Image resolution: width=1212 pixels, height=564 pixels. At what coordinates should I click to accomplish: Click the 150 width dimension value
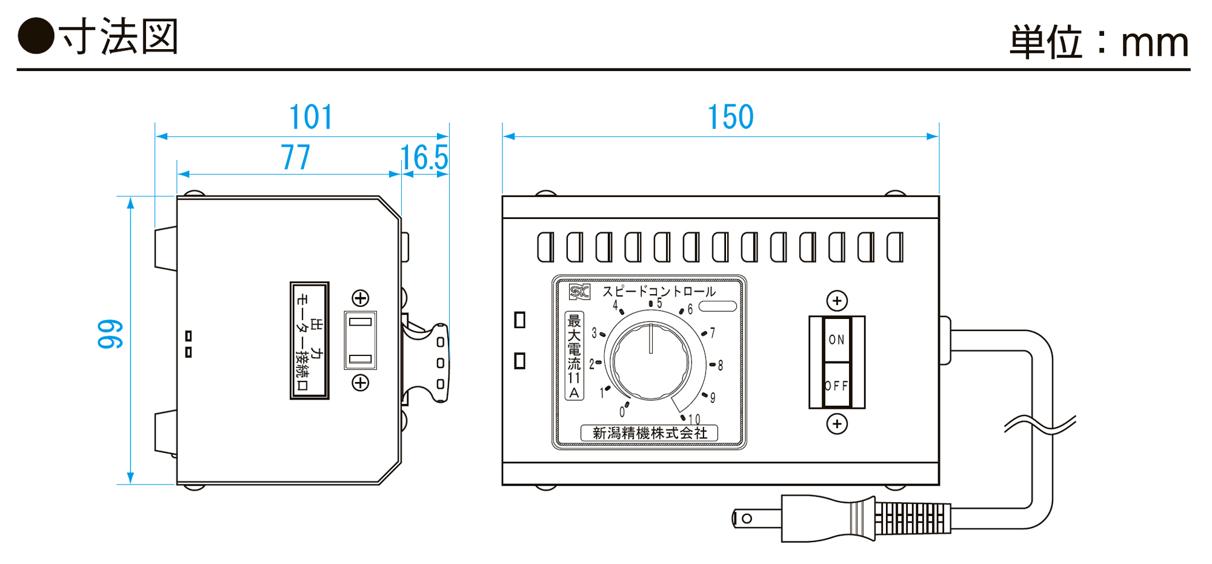pos(731,117)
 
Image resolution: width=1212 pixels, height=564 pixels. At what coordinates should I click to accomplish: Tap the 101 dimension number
pos(311,117)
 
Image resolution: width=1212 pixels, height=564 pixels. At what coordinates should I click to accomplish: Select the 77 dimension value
pos(296,158)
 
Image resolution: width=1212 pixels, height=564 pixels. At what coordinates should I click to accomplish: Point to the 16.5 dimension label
pos(424,158)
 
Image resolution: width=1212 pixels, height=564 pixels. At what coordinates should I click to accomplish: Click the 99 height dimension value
pos(110,334)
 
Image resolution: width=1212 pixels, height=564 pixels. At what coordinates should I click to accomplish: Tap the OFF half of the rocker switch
pos(837,386)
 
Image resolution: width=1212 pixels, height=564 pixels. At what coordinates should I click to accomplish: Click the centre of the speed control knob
pos(651,361)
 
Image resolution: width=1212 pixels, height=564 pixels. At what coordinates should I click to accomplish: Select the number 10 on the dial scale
pos(694,419)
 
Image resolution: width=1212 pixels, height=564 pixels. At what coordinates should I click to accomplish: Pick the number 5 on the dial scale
pos(659,303)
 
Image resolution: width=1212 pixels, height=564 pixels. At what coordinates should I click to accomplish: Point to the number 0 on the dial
pos(622,412)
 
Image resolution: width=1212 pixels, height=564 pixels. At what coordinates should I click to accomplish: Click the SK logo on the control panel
pos(579,292)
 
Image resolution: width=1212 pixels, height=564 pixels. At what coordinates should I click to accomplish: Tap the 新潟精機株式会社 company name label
pos(650,433)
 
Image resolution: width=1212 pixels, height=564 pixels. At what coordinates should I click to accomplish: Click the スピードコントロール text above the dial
pos(659,292)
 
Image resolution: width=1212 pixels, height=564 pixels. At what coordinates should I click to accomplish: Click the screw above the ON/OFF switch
pos(837,301)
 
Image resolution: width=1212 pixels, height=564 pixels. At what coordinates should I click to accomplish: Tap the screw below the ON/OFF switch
pos(837,424)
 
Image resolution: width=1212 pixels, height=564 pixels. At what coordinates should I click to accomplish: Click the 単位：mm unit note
pos(1099,42)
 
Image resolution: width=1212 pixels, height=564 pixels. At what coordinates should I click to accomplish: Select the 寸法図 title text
pos(119,37)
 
